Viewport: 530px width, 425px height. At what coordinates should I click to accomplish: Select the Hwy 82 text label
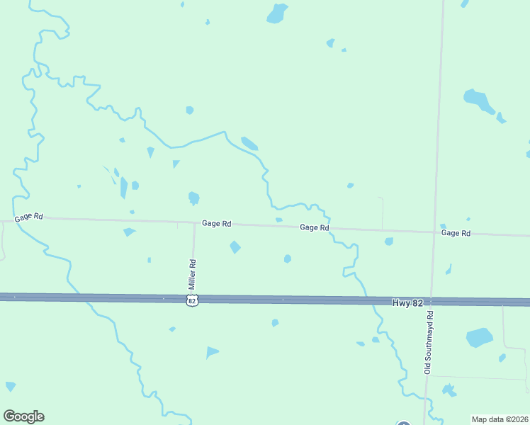[407, 302]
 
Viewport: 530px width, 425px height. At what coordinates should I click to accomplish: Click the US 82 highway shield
[191, 301]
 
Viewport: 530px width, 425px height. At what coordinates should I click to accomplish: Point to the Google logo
[23, 416]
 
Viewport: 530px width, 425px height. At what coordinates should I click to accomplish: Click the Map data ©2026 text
[500, 419]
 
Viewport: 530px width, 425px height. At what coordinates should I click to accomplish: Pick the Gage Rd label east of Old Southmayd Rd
[456, 232]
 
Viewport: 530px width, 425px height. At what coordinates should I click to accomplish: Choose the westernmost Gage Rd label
[28, 216]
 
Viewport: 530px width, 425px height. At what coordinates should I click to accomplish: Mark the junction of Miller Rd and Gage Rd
[195, 222]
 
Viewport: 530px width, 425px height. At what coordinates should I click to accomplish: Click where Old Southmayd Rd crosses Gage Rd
[434, 232]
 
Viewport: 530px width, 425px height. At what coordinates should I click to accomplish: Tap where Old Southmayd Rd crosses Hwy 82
[432, 301]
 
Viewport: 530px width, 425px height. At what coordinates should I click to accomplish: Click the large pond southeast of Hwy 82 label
[479, 337]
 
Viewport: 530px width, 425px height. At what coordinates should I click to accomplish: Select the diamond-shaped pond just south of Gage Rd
[235, 247]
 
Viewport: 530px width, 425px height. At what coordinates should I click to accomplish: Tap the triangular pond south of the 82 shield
[212, 352]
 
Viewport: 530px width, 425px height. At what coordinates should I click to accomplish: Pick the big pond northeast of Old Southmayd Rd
[478, 100]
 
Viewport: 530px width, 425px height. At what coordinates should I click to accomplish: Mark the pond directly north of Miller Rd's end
[193, 198]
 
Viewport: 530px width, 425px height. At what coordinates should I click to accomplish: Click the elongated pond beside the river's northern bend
[249, 144]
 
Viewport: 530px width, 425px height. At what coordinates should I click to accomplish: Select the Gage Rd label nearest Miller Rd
[216, 223]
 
